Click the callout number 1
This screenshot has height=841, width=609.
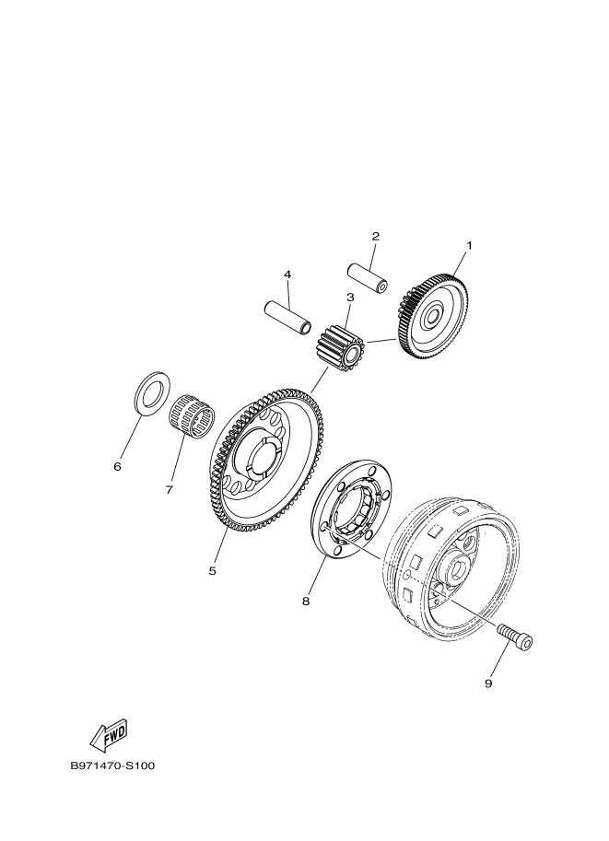click(x=469, y=246)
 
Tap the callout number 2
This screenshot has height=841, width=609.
click(x=376, y=236)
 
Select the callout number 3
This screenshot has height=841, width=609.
click(x=350, y=297)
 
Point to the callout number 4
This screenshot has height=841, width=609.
click(x=287, y=274)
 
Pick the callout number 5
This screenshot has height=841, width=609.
click(x=213, y=571)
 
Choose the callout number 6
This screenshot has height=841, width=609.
click(x=118, y=467)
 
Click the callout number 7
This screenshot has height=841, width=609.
click(x=169, y=490)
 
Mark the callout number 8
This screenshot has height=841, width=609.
click(x=306, y=602)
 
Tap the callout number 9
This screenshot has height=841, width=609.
click(x=488, y=683)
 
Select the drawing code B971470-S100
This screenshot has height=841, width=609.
click(x=112, y=765)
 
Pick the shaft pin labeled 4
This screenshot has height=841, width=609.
click(x=288, y=318)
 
